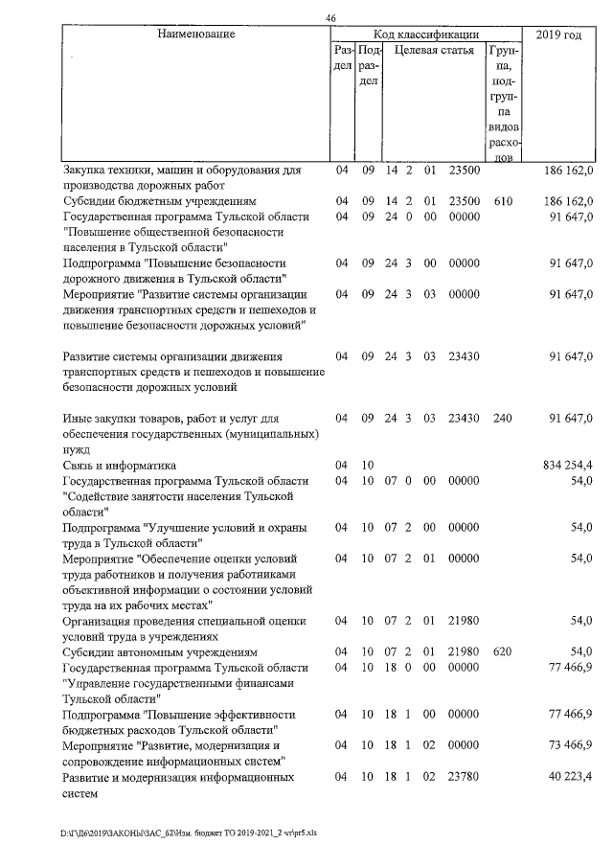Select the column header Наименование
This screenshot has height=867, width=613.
coord(195,34)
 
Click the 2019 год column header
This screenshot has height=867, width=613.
coord(558,34)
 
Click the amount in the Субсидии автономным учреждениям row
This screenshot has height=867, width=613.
coord(580,651)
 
